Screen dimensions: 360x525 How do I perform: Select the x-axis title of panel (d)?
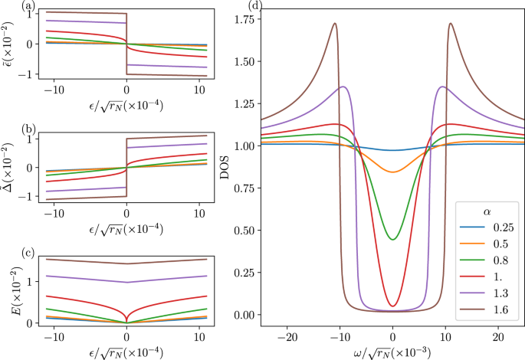click(392, 352)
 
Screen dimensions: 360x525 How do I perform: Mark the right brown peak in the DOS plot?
click(451, 23)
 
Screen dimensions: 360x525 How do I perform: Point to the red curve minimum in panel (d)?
click(392, 306)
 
